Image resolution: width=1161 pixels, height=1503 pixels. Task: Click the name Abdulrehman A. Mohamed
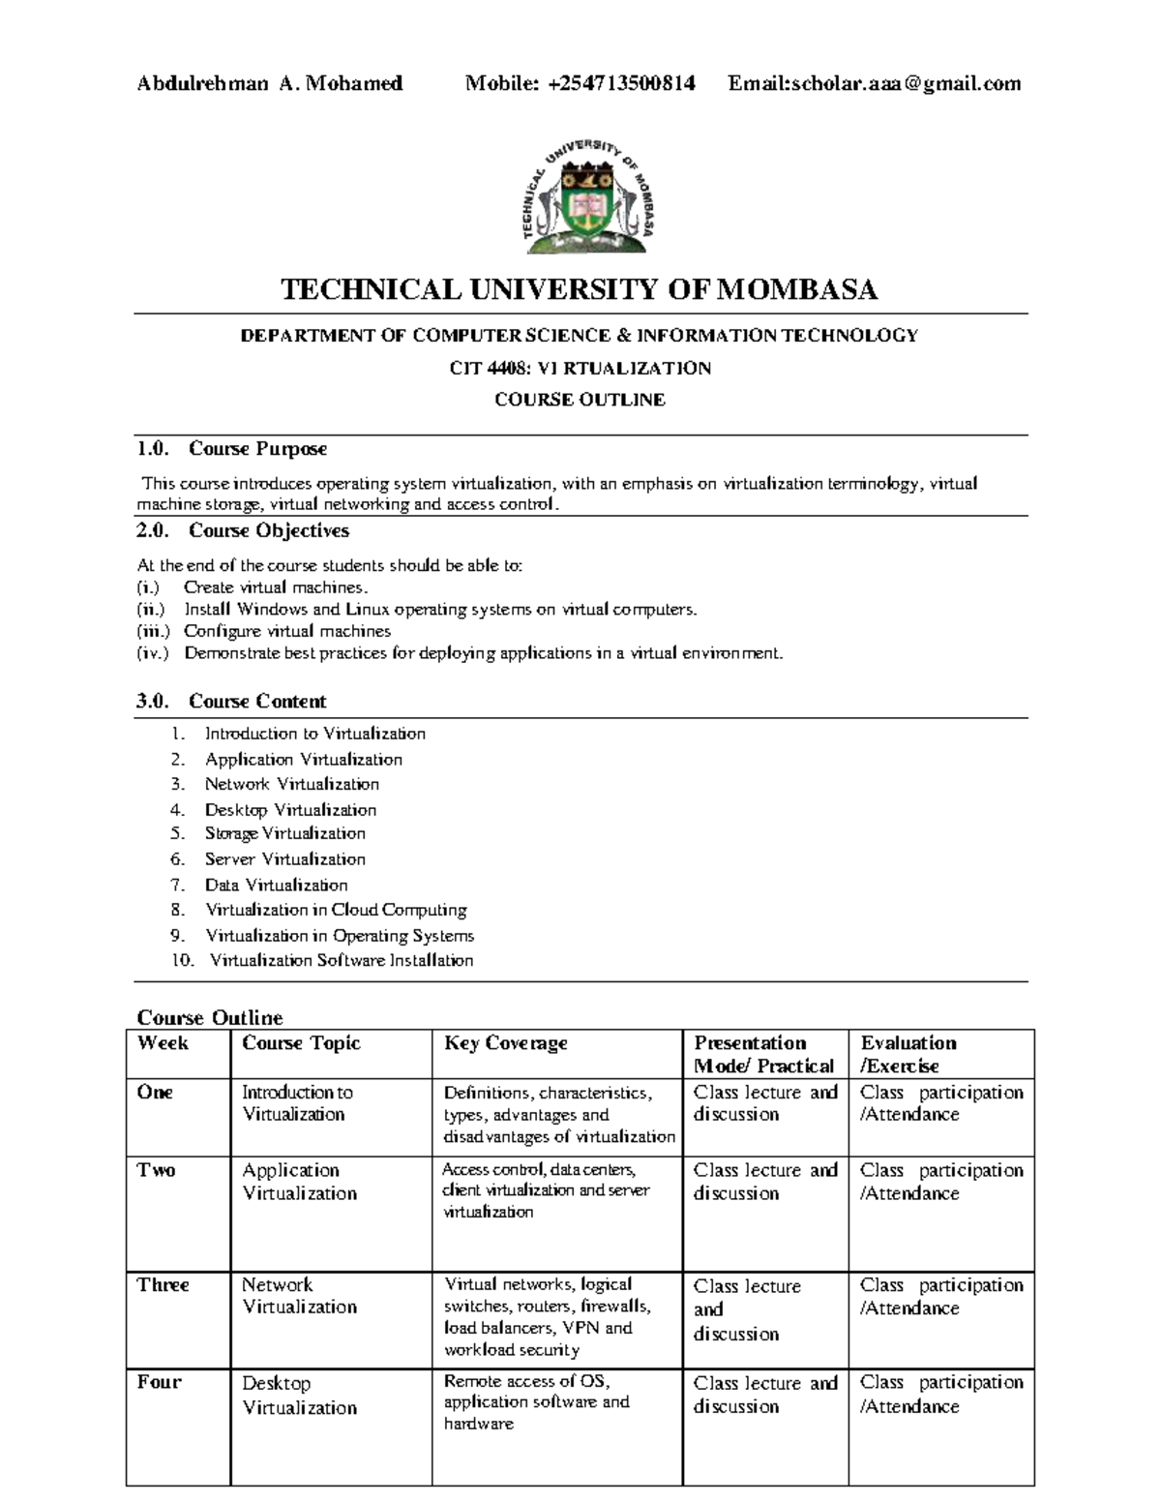pyautogui.click(x=269, y=83)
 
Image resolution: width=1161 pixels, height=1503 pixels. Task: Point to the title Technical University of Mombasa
pyautogui.click(x=579, y=289)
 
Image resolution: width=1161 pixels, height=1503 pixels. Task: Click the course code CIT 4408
pyautogui.click(x=492, y=368)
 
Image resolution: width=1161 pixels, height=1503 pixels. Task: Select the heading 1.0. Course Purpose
pyautogui.click(x=232, y=449)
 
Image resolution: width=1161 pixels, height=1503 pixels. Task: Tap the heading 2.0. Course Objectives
pyautogui.click(x=243, y=530)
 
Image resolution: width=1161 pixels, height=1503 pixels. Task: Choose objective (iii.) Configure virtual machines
pyautogui.click(x=287, y=631)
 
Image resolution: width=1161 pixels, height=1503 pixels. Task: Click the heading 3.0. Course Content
pyautogui.click(x=231, y=701)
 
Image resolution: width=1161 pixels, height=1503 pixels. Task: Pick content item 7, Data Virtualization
pyautogui.click(x=276, y=885)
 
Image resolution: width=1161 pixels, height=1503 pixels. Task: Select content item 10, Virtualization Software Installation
pyautogui.click(x=341, y=960)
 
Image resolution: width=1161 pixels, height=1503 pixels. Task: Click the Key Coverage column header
pyautogui.click(x=505, y=1043)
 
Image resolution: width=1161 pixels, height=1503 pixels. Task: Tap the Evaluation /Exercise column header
pyautogui.click(x=908, y=1054)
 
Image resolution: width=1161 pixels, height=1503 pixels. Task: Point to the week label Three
pyautogui.click(x=163, y=1284)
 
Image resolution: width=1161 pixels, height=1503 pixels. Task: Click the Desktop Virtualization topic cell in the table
pyautogui.click(x=299, y=1395)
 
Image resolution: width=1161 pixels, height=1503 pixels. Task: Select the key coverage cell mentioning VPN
pyautogui.click(x=547, y=1316)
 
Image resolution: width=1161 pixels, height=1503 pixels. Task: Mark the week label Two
pyautogui.click(x=156, y=1170)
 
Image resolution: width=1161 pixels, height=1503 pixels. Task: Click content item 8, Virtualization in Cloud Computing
pyautogui.click(x=336, y=910)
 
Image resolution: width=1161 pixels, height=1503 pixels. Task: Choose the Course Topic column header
pyautogui.click(x=301, y=1043)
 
